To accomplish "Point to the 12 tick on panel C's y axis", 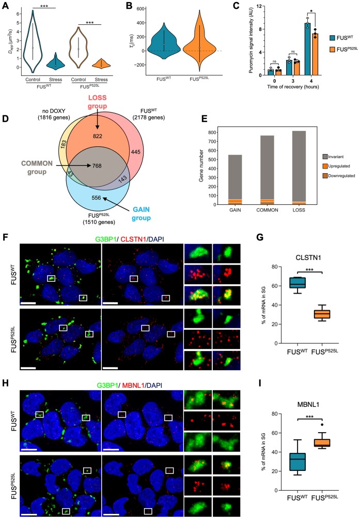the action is tap(255, 7).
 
